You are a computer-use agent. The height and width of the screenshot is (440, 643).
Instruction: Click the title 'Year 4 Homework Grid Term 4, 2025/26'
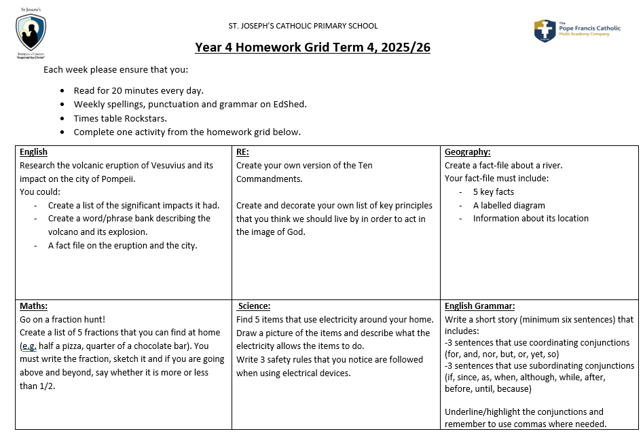(x=312, y=48)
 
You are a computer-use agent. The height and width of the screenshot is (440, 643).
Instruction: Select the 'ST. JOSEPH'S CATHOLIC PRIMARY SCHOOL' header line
(x=303, y=26)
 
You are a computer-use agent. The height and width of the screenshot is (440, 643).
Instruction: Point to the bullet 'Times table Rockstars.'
(x=120, y=118)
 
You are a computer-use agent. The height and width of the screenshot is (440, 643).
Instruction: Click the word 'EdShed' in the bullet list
(x=290, y=104)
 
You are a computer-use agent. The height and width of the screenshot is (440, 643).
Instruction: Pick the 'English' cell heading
(x=34, y=152)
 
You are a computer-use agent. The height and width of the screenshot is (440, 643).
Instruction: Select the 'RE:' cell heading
(x=242, y=152)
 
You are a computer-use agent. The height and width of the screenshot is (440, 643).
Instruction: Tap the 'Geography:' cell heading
(x=467, y=152)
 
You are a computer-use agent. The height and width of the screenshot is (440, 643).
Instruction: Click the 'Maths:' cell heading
(x=33, y=306)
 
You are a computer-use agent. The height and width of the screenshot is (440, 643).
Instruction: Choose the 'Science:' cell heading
(x=255, y=306)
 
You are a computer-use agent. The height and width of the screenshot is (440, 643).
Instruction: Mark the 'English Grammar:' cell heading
(x=479, y=306)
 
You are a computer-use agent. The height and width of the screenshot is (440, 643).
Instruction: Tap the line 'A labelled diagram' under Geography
(x=509, y=205)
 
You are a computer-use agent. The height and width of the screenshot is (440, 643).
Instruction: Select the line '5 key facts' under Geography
(x=493, y=192)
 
